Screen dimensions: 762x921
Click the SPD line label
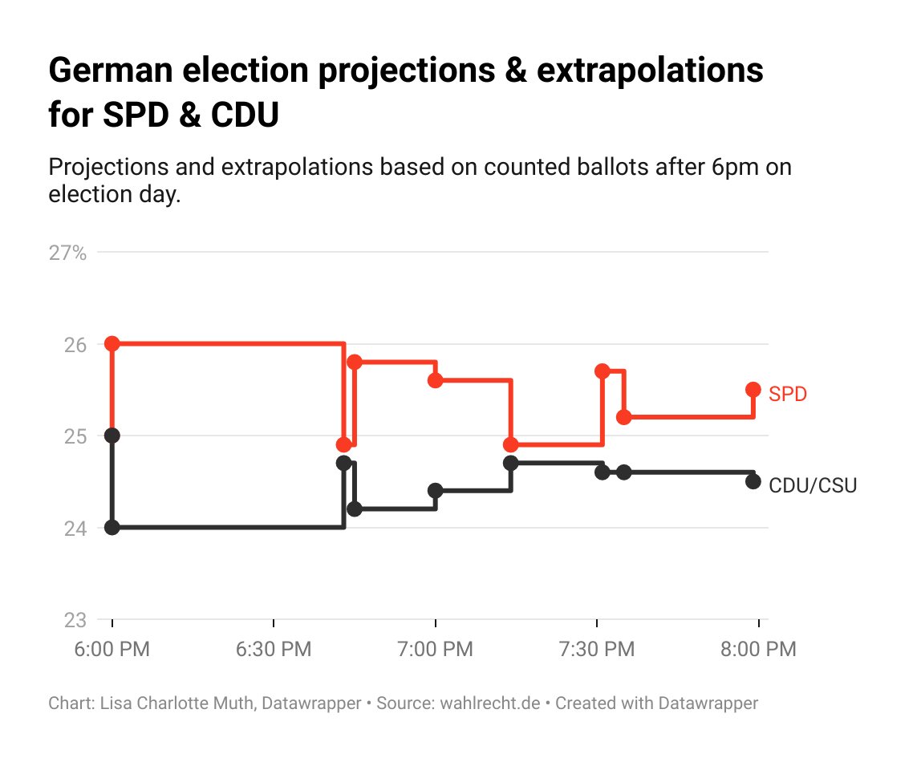787,394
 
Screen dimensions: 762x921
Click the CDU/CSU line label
812,485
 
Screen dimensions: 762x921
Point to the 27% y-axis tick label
67,253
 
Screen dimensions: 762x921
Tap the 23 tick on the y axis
75,620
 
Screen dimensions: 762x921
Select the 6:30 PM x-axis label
274,649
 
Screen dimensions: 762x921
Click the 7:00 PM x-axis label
436,649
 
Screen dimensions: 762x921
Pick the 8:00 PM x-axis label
758,649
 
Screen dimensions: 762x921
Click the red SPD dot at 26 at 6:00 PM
112,343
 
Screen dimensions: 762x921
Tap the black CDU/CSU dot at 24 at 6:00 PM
112,527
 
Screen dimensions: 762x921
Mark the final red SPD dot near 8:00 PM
753,389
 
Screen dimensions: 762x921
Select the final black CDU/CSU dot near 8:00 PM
753,481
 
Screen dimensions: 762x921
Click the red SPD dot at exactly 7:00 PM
436,380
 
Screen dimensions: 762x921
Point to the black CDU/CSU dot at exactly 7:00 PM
436,490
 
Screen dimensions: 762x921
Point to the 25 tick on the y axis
75,436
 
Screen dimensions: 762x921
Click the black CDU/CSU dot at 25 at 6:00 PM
112,435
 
